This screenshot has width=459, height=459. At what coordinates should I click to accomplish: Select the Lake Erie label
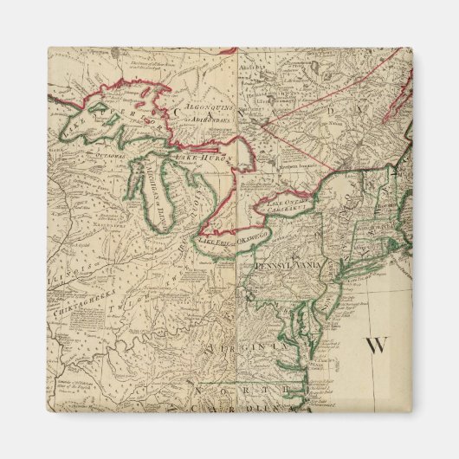click(x=219, y=243)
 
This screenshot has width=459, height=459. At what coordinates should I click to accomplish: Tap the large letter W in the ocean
click(x=375, y=346)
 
